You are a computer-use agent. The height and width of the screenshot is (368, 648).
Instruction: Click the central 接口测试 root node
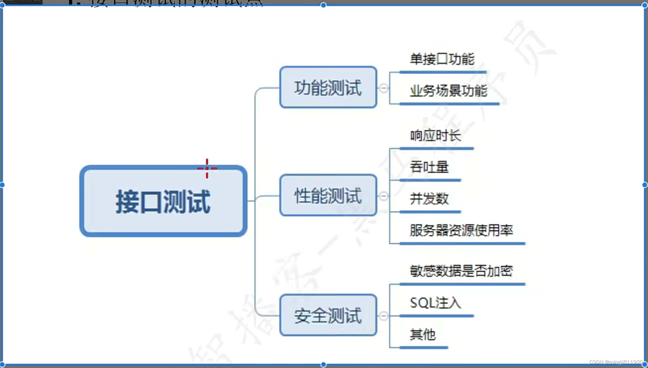pos(163,201)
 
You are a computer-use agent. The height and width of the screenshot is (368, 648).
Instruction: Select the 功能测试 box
pos(328,87)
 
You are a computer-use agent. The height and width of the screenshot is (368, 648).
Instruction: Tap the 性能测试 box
pos(328,195)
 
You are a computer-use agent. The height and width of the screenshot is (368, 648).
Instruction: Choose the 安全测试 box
pos(328,315)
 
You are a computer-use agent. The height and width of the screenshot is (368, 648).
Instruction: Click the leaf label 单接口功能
pos(442,59)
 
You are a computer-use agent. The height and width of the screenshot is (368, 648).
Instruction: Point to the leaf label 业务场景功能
pos(448,91)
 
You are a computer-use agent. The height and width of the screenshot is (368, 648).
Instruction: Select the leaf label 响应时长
pos(435,136)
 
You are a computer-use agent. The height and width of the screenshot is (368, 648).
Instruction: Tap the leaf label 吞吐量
pos(429,167)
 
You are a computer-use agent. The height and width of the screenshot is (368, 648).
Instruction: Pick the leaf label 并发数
pos(429,199)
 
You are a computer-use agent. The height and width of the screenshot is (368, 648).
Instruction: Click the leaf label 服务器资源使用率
pos(461,231)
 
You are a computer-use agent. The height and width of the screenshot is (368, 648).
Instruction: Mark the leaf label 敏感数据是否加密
pos(461,271)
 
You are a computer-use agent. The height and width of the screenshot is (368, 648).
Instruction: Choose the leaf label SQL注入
pos(435,303)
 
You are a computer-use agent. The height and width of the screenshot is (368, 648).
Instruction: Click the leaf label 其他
pos(423,335)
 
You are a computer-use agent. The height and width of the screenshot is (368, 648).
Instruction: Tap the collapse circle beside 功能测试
pos(384,88)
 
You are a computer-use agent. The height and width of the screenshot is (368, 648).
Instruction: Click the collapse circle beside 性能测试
pos(384,196)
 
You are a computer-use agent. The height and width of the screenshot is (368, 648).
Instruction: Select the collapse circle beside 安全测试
pos(384,316)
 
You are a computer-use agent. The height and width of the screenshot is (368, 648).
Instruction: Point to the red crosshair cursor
pos(207,168)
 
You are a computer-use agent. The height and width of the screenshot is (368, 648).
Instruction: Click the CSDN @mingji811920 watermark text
pos(616,362)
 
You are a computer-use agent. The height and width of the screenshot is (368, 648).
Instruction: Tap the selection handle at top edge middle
pos(324,5)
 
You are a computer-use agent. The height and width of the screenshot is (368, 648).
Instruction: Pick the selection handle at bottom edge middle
pos(324,364)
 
